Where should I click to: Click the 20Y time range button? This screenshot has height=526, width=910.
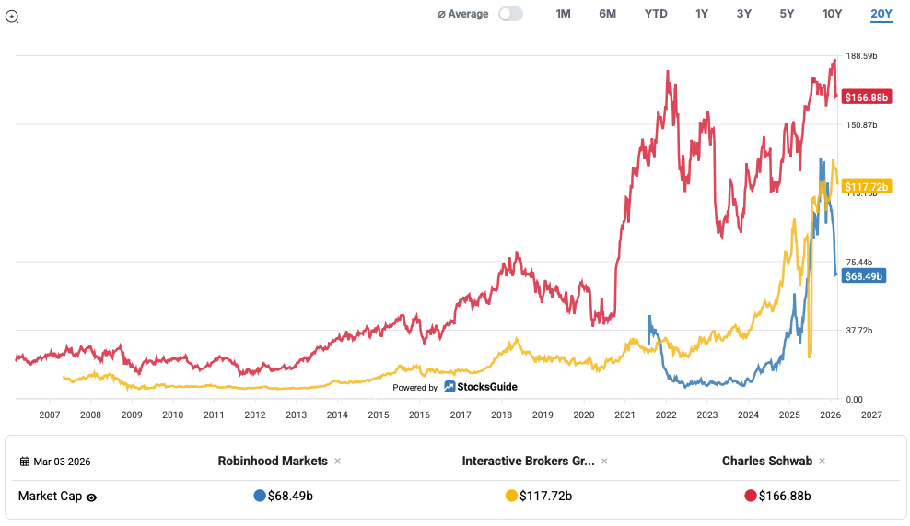(x=881, y=14)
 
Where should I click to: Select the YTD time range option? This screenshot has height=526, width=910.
(x=656, y=14)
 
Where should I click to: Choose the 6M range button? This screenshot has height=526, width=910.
(x=608, y=14)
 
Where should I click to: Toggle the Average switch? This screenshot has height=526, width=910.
(x=510, y=14)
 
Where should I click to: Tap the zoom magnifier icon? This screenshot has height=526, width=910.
(x=12, y=16)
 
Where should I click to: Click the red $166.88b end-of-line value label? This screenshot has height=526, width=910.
(x=866, y=97)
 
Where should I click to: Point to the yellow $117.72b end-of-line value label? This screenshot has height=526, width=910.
(x=866, y=187)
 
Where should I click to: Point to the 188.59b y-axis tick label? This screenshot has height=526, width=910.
(x=861, y=56)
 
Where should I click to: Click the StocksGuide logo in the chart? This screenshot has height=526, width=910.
(x=481, y=387)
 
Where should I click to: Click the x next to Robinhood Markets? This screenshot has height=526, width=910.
(x=337, y=462)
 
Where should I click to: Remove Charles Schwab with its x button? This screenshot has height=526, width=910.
(x=822, y=462)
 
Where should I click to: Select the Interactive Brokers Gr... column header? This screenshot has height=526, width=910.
(x=528, y=461)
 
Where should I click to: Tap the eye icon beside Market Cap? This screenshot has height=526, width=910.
(x=92, y=497)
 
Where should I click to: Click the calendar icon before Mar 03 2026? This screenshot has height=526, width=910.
(x=24, y=462)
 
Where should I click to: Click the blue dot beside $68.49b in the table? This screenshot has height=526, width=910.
(x=259, y=496)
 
